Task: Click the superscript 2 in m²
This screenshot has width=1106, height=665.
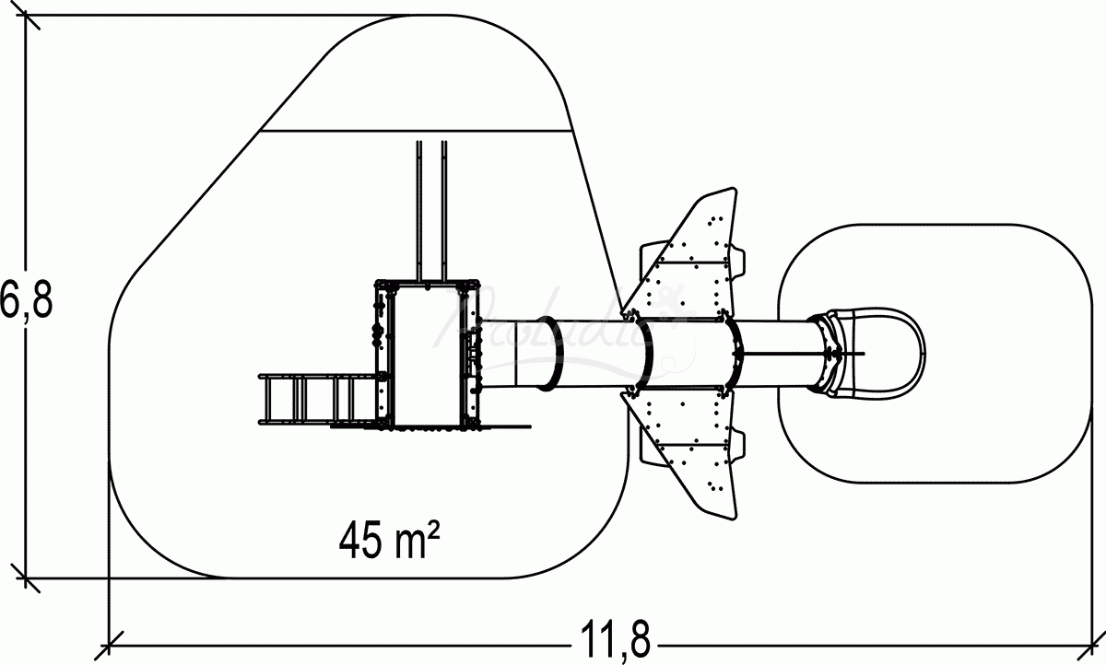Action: (429, 529)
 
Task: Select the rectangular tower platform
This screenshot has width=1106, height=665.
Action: (426, 355)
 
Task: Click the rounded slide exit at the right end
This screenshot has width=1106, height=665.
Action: (876, 353)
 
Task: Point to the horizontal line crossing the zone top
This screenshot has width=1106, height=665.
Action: (415, 131)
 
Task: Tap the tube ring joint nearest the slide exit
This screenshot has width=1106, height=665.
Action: (818, 353)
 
